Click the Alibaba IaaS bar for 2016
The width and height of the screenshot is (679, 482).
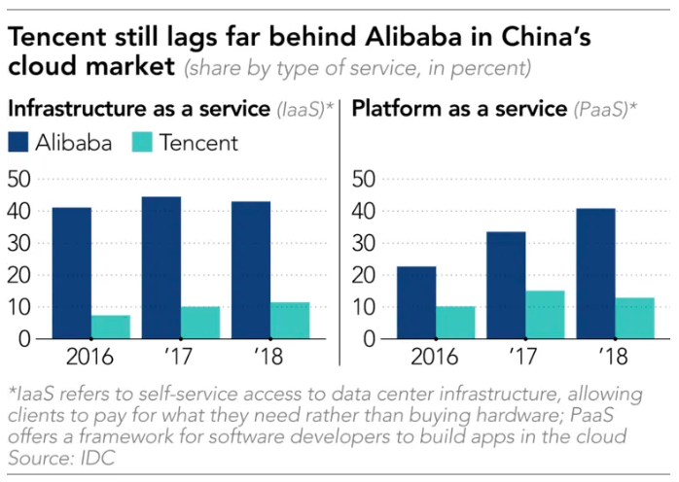[72, 273]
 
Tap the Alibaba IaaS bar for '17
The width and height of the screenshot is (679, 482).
[161, 267]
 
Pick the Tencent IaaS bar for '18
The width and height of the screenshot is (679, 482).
[290, 321]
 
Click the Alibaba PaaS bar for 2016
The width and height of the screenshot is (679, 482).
[416, 302]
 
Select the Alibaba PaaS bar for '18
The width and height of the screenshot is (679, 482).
[595, 273]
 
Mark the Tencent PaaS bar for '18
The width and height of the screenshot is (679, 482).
[634, 318]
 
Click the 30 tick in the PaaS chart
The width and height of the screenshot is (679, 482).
[363, 243]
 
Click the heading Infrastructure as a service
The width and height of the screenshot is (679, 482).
[136, 108]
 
